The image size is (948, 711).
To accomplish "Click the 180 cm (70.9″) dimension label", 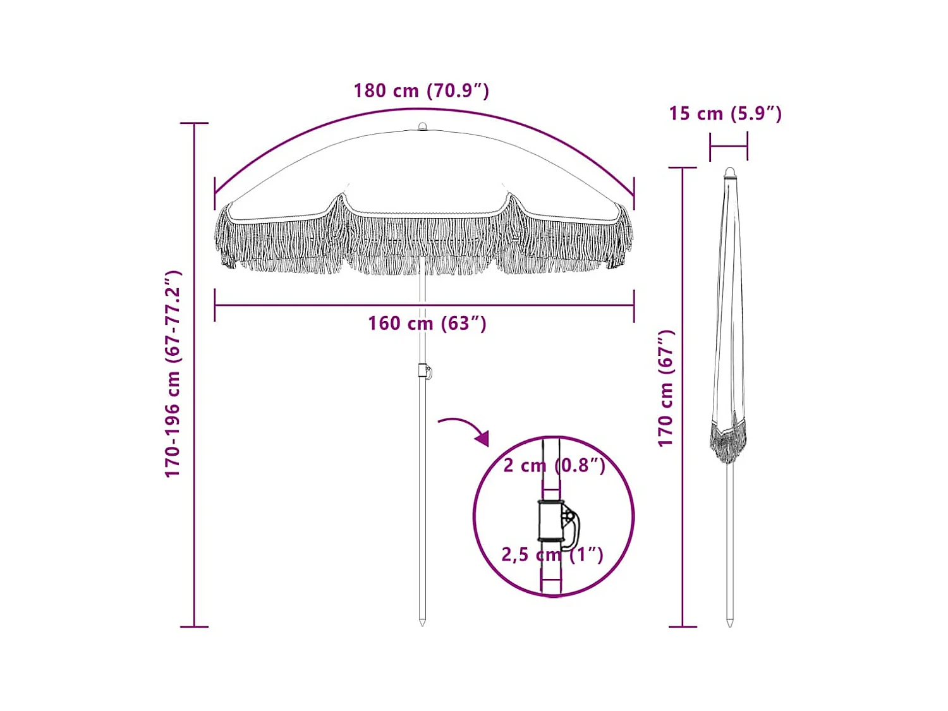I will click(421, 90).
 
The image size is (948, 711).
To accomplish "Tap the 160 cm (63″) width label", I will click(427, 324).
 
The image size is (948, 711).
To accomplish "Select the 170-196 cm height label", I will click(173, 374).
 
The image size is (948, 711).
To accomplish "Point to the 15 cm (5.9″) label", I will click(725, 114).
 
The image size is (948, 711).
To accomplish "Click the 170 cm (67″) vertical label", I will click(666, 388).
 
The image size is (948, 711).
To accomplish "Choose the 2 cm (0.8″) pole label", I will click(554, 466).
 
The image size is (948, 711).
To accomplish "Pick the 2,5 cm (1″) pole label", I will click(552, 555).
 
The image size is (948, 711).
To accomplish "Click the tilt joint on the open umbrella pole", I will click(424, 371).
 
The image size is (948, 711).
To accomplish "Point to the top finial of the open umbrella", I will click(422, 127).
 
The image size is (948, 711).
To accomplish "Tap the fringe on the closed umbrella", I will click(728, 439).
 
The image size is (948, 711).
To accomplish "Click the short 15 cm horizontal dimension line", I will click(728, 147).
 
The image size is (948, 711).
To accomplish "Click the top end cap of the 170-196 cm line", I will click(194, 123).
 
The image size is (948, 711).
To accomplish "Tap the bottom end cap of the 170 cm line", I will click(683, 626).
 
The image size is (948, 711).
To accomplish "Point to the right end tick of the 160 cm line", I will click(633, 306).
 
